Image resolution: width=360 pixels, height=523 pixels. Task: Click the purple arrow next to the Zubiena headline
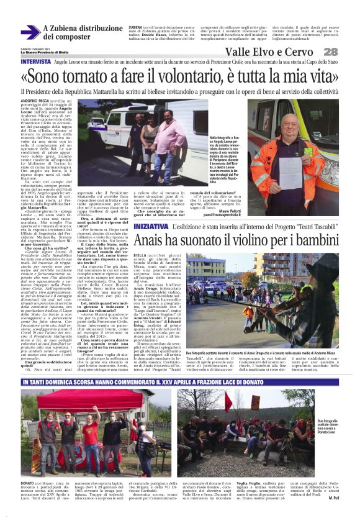pos(30,32)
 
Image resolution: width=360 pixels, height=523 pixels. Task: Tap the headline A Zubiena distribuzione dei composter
pos(83,32)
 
